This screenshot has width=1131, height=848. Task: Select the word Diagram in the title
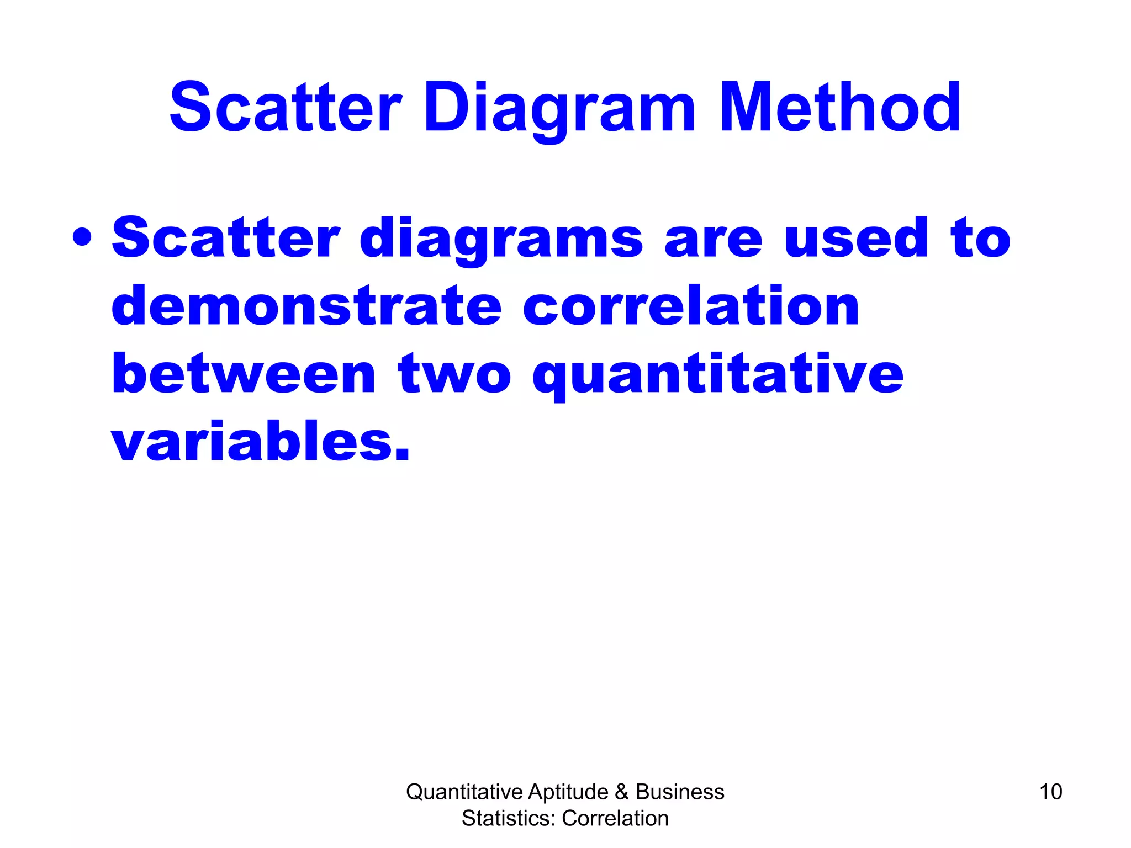(x=559, y=108)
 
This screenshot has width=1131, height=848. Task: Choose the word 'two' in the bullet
(x=454, y=374)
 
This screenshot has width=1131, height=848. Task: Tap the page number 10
(x=1050, y=792)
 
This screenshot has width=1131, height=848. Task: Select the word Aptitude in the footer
(x=568, y=792)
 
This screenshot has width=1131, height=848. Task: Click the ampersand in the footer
(x=622, y=792)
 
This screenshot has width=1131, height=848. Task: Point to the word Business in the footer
(x=680, y=792)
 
